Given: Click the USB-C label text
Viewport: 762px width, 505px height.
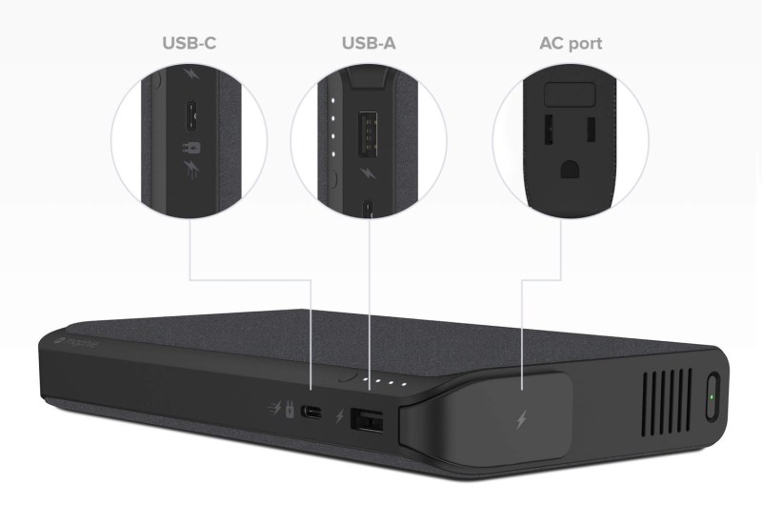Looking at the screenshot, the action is click(189, 43).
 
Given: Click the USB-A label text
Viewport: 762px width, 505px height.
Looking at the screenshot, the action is click(369, 43).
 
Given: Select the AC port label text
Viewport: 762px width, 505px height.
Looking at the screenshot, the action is click(571, 44).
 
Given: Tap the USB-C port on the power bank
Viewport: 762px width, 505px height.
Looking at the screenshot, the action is click(311, 413).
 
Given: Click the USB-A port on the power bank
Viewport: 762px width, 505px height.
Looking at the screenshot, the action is click(367, 419).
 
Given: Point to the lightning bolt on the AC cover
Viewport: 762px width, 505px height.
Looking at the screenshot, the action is click(521, 420).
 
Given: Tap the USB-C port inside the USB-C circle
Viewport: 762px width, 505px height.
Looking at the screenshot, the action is click(191, 115).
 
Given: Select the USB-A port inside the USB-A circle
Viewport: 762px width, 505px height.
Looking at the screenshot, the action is click(368, 134).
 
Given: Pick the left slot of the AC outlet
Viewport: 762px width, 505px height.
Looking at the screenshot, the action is click(549, 130).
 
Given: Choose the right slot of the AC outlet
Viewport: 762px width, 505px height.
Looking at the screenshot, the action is click(591, 130).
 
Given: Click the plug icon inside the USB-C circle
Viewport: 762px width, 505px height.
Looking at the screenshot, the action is click(191, 148).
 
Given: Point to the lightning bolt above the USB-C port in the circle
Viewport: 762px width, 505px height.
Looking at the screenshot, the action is click(191, 74).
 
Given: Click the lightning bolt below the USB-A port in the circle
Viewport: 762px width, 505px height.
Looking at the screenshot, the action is click(368, 173).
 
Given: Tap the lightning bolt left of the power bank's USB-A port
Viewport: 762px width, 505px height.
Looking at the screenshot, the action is click(340, 416).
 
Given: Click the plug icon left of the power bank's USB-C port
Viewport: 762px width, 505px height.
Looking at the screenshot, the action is click(290, 410).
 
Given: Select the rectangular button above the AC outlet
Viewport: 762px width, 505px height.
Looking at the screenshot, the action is click(570, 93).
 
